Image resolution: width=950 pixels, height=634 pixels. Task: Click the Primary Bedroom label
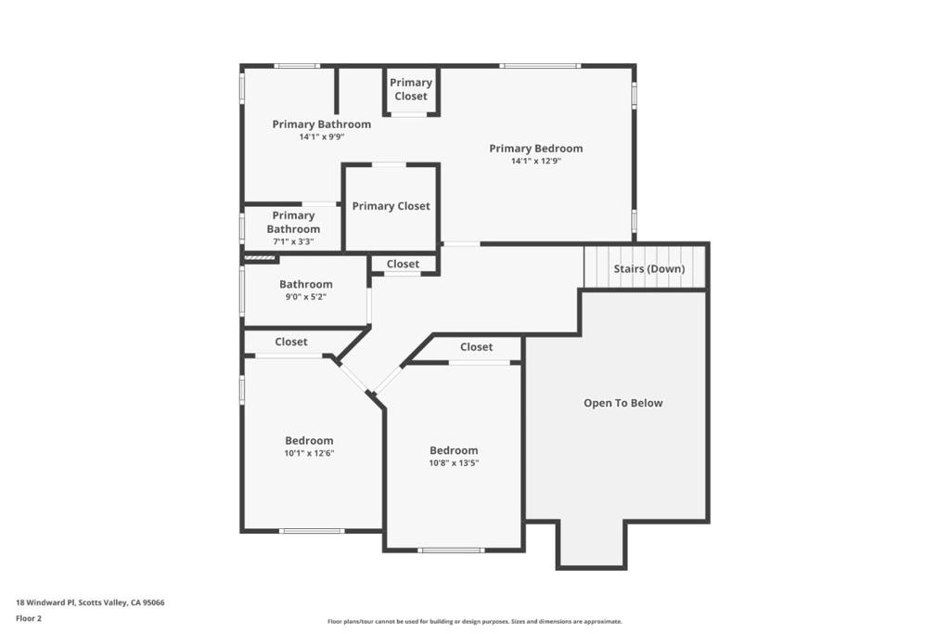coord(535,149)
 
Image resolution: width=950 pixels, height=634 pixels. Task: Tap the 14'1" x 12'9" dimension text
coord(536,162)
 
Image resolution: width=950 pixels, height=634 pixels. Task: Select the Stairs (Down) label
coord(648,268)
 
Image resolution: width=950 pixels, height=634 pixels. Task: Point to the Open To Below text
coord(623,403)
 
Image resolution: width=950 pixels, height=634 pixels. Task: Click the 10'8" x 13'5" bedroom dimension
coord(454,463)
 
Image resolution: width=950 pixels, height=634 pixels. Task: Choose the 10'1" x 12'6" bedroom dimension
coord(309,453)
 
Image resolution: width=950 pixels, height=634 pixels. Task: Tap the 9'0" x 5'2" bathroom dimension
coord(306,297)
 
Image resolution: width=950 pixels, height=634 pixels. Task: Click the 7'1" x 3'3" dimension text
coord(293,242)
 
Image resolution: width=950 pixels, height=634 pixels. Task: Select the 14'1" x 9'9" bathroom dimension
coord(322,137)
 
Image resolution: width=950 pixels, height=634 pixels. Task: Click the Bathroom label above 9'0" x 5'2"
coord(306,284)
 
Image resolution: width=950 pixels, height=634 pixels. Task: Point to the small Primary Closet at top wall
coord(411,89)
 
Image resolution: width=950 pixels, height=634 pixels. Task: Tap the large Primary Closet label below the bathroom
coord(391,206)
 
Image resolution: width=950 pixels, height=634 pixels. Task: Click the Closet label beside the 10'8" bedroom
coord(476,346)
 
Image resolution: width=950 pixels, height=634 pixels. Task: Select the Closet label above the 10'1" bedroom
coord(290,342)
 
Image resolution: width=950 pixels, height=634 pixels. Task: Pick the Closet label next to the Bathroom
coord(403,264)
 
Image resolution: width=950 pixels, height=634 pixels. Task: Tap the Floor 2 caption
coord(29,618)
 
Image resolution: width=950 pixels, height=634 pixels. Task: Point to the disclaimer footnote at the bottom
coord(474,621)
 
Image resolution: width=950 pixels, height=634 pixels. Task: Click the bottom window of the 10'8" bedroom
coord(451,550)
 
